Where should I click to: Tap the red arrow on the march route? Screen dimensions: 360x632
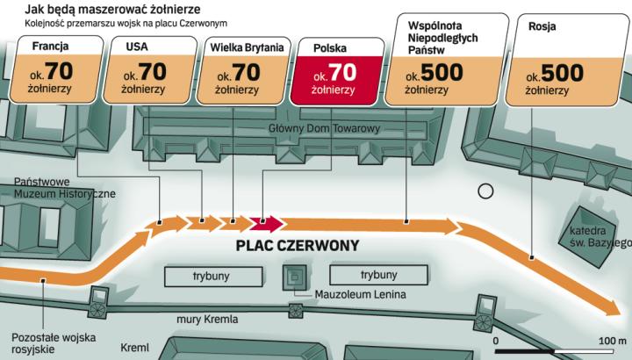point(265,223)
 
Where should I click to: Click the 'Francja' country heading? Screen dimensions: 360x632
point(50,46)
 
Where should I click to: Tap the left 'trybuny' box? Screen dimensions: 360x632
point(210,275)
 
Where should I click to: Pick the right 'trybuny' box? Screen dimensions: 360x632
point(379,275)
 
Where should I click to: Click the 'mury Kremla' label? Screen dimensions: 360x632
point(206,319)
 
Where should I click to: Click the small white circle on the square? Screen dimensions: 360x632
point(485,191)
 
